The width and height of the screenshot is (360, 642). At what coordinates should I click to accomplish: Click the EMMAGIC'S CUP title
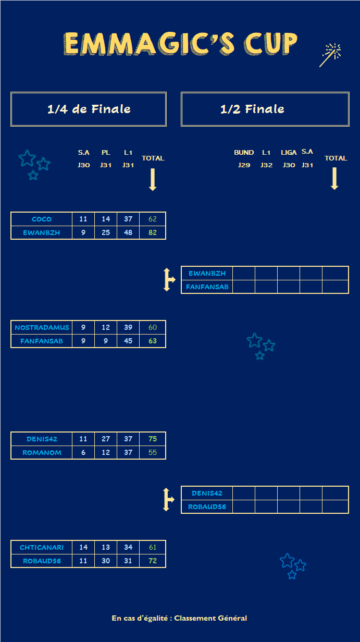(x=181, y=43)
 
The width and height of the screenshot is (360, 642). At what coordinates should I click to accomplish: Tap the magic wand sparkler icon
(x=330, y=55)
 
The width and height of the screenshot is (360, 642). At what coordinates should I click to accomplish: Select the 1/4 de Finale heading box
(x=89, y=109)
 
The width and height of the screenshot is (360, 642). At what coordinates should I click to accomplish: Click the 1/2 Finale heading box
(x=265, y=109)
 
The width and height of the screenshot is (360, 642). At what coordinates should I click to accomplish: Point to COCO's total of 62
(x=153, y=219)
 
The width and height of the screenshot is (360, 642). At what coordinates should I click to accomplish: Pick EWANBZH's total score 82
(x=153, y=232)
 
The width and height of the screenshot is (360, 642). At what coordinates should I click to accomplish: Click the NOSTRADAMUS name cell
(x=42, y=327)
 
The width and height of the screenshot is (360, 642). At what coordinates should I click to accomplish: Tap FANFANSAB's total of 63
(x=153, y=341)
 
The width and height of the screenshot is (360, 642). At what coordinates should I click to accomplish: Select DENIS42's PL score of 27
(x=106, y=439)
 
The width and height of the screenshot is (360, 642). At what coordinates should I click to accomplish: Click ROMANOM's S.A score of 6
(x=83, y=452)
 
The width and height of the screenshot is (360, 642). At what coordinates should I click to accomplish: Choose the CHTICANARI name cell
(x=42, y=547)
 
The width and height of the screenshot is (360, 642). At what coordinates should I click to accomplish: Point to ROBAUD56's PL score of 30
(x=106, y=561)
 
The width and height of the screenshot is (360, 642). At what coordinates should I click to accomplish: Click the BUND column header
(x=244, y=153)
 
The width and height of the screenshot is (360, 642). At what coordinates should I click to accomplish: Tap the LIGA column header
(x=289, y=153)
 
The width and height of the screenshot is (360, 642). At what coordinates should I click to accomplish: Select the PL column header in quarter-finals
(x=106, y=153)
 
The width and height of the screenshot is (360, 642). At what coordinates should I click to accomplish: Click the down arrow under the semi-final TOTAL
(x=334, y=179)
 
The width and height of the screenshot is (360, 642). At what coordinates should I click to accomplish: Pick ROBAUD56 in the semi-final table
(x=207, y=507)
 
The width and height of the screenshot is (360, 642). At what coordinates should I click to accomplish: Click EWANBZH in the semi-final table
(x=207, y=273)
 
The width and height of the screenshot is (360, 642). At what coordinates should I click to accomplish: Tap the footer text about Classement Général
(x=179, y=618)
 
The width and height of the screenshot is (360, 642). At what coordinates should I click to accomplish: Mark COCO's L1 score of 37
(x=128, y=219)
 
